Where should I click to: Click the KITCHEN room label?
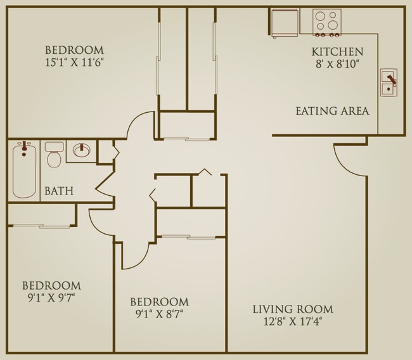pyautogui.click(x=337, y=52)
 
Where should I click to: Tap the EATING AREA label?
pyautogui.click(x=332, y=111)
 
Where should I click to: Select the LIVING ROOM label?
pyautogui.click(x=292, y=309)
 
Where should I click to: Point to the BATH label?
pyautogui.click(x=58, y=190)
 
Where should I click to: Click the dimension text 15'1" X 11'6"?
pyautogui.click(x=74, y=62)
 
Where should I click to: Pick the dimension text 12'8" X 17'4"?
pyautogui.click(x=292, y=322)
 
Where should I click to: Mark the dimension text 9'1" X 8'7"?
pyautogui.click(x=159, y=314)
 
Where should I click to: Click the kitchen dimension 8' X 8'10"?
pyautogui.click(x=337, y=64)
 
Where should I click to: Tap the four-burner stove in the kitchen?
pyautogui.click(x=327, y=22)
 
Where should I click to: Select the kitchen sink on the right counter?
pyautogui.click(x=389, y=83)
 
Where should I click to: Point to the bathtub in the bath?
pyautogui.click(x=24, y=169)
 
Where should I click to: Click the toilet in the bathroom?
pyautogui.click(x=54, y=154)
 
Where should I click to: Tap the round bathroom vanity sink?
pyautogui.click(x=82, y=151)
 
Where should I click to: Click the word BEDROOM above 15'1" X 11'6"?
pyautogui.click(x=74, y=49)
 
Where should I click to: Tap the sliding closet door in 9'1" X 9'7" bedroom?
pyautogui.click(x=41, y=226)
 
